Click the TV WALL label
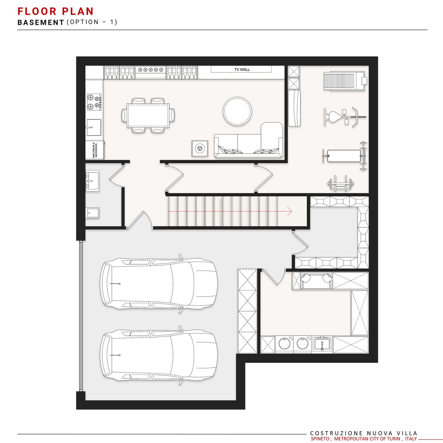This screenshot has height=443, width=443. click(242, 70)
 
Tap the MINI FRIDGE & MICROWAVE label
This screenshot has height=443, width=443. click(95, 150)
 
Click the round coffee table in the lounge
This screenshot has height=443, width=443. click(237, 111)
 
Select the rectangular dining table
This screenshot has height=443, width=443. click(148, 115)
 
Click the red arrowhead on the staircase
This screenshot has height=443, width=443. click(289, 211)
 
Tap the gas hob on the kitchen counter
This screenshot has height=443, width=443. click(94, 102)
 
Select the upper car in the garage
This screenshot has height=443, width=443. click(159, 284)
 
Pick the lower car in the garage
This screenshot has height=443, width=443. click(159, 355)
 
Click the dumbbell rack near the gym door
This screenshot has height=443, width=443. click(340, 184)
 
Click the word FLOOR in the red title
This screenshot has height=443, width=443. click(37, 11)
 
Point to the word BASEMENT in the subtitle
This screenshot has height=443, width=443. click(41, 22)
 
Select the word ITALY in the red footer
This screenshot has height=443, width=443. click(411, 439)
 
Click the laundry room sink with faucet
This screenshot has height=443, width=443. click(322, 344)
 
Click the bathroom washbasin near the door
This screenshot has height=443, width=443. click(92, 181)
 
